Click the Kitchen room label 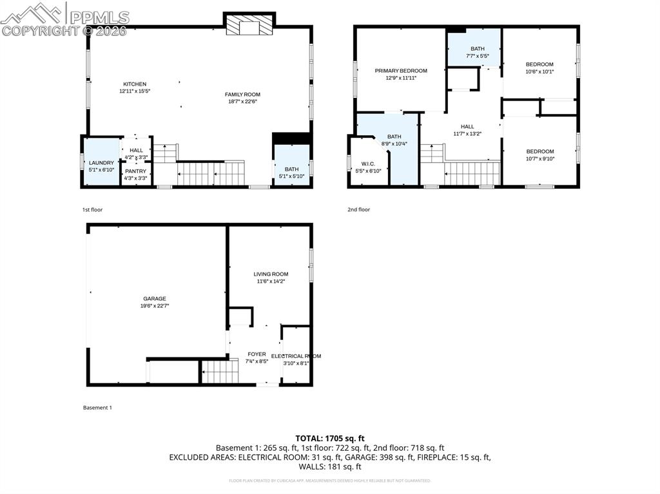135,84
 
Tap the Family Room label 242,95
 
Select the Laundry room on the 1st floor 101,163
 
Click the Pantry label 135,171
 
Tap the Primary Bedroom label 401,71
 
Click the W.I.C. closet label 369,164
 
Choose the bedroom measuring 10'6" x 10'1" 539,64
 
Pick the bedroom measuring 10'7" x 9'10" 539,152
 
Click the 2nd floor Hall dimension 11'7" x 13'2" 467,133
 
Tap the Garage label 155,299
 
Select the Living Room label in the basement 271,274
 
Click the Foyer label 257,355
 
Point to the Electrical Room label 296,356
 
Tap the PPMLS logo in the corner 64,18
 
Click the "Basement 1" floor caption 97,408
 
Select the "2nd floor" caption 359,209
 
